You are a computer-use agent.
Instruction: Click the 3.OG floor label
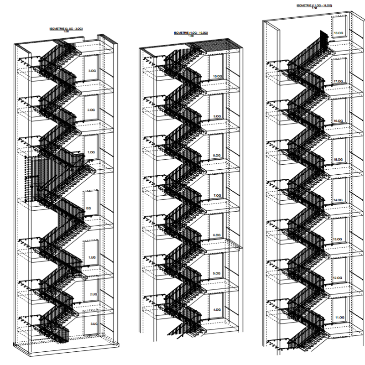click(x=92, y=71)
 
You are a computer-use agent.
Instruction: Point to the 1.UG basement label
click(x=92, y=258)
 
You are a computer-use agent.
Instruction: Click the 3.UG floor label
click(x=93, y=323)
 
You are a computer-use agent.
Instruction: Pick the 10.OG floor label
click(x=217, y=76)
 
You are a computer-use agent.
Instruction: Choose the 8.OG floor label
click(x=217, y=156)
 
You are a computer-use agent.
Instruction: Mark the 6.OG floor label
click(x=217, y=235)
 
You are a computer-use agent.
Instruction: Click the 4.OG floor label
click(x=217, y=310)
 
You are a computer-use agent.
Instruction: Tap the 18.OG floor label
click(x=339, y=33)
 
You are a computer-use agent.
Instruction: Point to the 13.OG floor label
click(x=338, y=239)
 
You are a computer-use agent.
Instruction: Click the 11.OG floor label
click(x=338, y=317)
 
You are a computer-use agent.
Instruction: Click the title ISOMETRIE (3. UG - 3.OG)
click(x=66, y=29)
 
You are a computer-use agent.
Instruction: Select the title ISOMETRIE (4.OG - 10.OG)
click(x=191, y=33)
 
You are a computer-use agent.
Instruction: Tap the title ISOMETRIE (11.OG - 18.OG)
click(x=314, y=5)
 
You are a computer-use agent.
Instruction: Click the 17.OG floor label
click(x=339, y=81)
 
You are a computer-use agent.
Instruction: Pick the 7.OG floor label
click(x=217, y=195)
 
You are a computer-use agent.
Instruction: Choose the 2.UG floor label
click(x=93, y=294)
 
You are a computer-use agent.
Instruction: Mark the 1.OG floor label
click(x=92, y=152)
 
